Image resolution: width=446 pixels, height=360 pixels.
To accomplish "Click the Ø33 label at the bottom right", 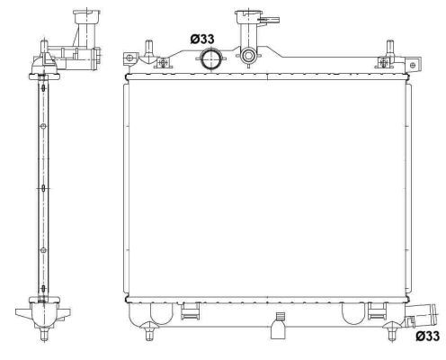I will pyautogui.click(x=426, y=337).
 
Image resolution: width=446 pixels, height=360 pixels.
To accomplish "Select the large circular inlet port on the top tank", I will pyautogui.click(x=210, y=60).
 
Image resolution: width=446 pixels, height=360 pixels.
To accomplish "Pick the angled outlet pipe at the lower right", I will pyautogui.click(x=421, y=316).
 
